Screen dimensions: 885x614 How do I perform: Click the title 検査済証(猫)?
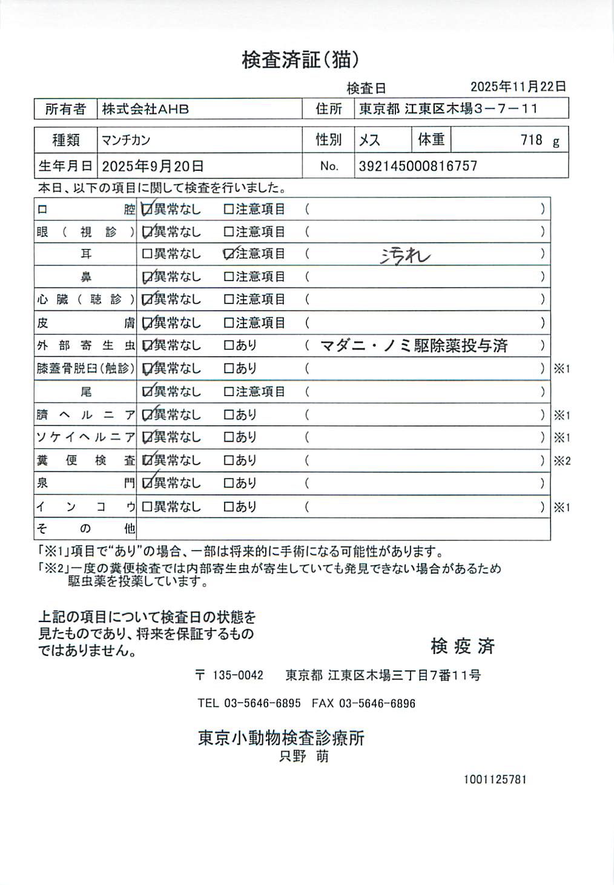pyautogui.click(x=301, y=60)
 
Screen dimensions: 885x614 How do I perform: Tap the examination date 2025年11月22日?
pyautogui.click(x=518, y=87)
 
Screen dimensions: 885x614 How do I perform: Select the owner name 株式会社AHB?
pyautogui.click(x=145, y=109)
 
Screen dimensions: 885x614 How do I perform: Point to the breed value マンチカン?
pyautogui.click(x=126, y=141)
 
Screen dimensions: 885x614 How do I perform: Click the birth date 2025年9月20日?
pyautogui.click(x=153, y=166)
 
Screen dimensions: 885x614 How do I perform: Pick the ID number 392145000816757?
pyautogui.click(x=418, y=166)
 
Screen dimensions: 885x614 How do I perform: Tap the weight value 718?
pyautogui.click(x=531, y=141)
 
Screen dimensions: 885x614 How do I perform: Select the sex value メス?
pyautogui.click(x=369, y=141)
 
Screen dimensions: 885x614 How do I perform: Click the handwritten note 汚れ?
pyautogui.click(x=405, y=256)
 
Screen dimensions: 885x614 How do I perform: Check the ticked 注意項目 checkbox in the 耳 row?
pyautogui.click(x=229, y=254)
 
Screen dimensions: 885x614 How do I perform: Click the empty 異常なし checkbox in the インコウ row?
pyautogui.click(x=147, y=506)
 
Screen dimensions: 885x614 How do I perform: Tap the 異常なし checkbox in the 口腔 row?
pyautogui.click(x=147, y=210)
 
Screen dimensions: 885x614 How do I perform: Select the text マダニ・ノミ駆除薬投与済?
pyautogui.click(x=414, y=346)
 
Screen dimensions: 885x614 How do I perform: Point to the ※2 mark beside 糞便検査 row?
pyautogui.click(x=562, y=461)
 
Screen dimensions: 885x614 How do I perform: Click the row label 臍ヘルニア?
pyautogui.click(x=85, y=415)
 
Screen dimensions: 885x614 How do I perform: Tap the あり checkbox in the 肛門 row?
pyautogui.click(x=229, y=483)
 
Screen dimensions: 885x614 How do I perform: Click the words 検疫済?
pyautogui.click(x=463, y=646)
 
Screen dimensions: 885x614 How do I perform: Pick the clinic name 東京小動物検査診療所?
pyautogui.click(x=281, y=738)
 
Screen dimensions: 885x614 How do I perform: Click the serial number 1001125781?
pyautogui.click(x=495, y=779)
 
